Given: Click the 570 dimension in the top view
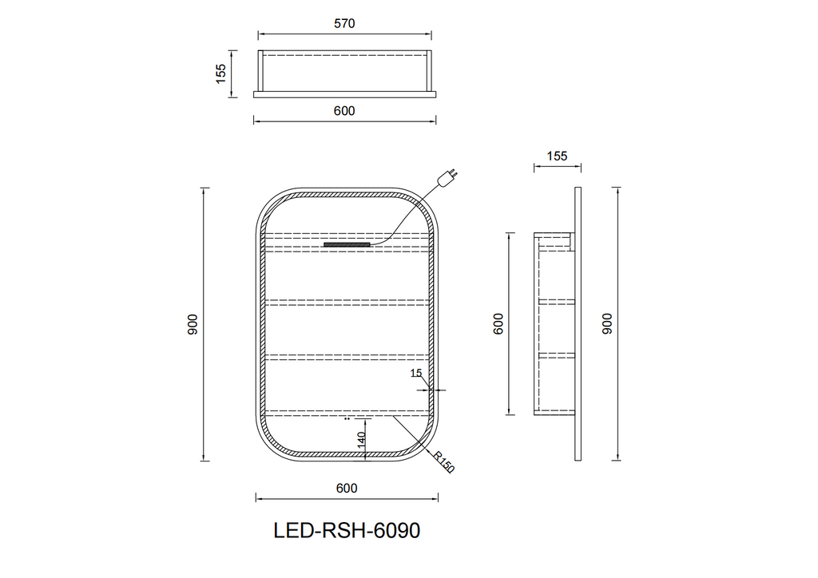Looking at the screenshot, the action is (344, 23).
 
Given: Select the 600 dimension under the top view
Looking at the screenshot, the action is (344, 111).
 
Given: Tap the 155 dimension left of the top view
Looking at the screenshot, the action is (221, 73).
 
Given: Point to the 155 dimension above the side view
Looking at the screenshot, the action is (557, 156).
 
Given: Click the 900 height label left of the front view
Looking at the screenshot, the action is (193, 324).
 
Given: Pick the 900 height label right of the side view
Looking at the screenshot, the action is (607, 323).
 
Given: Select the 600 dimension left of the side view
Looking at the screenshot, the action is (498, 323).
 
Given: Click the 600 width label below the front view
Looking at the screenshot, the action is (347, 488).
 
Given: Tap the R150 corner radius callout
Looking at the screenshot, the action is (444, 461).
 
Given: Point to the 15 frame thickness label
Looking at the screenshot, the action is (415, 373).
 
